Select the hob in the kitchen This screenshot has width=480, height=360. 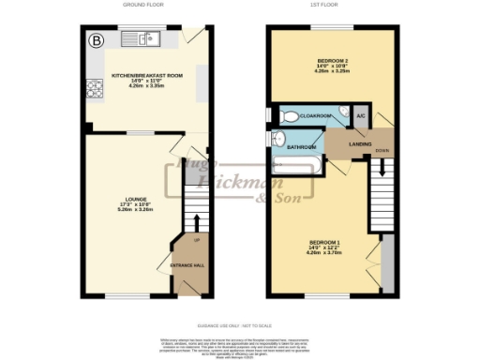tap(95, 90)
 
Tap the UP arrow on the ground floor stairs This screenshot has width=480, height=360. tap(196, 225)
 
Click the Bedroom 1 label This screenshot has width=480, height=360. tap(324, 247)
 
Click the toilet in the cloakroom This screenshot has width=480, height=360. tap(290, 116)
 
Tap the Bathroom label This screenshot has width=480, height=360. tap(301, 147)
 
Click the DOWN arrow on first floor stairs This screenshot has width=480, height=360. tap(382, 167)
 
